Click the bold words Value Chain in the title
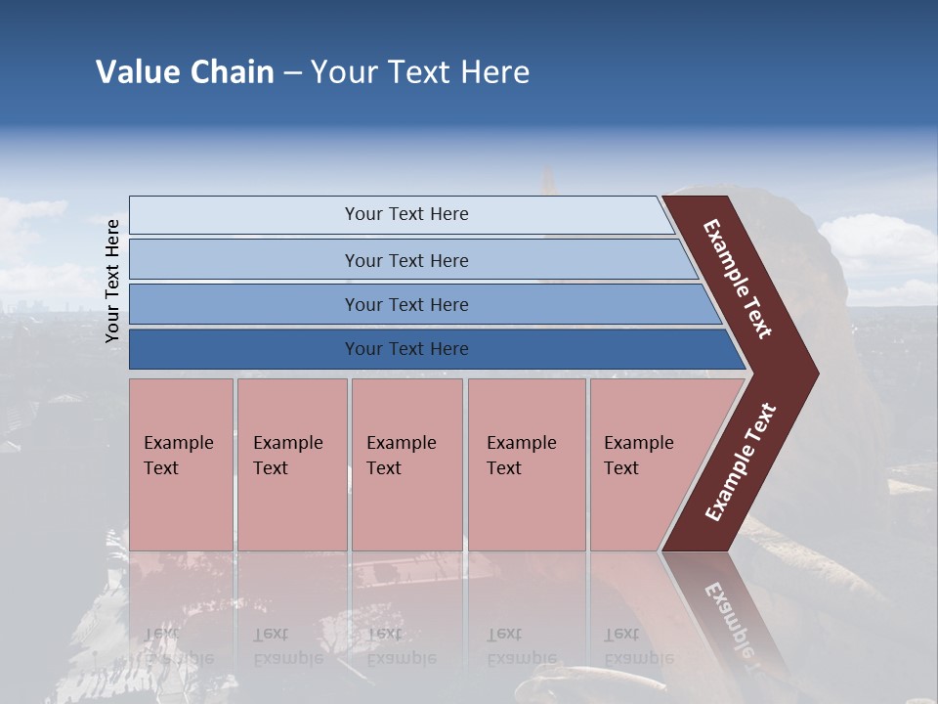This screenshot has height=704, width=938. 185,72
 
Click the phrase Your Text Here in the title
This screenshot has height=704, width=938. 420,72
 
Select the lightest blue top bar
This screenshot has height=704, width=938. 244,215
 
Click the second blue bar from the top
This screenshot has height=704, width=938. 244,260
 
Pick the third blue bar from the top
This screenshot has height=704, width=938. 244,305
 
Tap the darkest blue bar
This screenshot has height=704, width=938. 244,349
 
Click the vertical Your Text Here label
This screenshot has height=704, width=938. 112,281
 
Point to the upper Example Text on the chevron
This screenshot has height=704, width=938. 738,279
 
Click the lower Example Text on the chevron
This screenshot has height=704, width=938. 740,462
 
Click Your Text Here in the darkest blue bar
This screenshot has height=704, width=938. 406,349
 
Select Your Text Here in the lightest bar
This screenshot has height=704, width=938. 406,214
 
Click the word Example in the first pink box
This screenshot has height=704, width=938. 178,443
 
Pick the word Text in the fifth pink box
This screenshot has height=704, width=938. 621,468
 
